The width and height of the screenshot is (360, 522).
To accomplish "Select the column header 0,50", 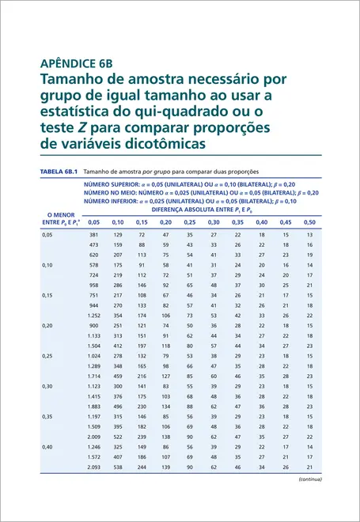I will click(x=309, y=222).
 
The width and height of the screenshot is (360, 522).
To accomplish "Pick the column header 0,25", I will click(x=190, y=222).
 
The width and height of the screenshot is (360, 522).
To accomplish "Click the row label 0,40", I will click(x=47, y=447).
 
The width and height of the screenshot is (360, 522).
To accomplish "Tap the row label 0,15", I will click(x=47, y=295).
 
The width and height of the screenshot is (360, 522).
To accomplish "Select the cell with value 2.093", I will click(x=94, y=467).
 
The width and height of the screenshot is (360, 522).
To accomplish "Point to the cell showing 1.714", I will click(x=94, y=376).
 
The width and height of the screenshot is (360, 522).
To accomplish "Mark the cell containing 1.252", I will click(x=94, y=315).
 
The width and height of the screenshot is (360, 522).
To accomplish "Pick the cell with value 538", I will click(x=118, y=467).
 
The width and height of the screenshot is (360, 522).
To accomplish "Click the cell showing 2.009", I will click(x=94, y=437).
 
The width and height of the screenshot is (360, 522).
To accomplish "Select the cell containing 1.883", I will click(x=94, y=407).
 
